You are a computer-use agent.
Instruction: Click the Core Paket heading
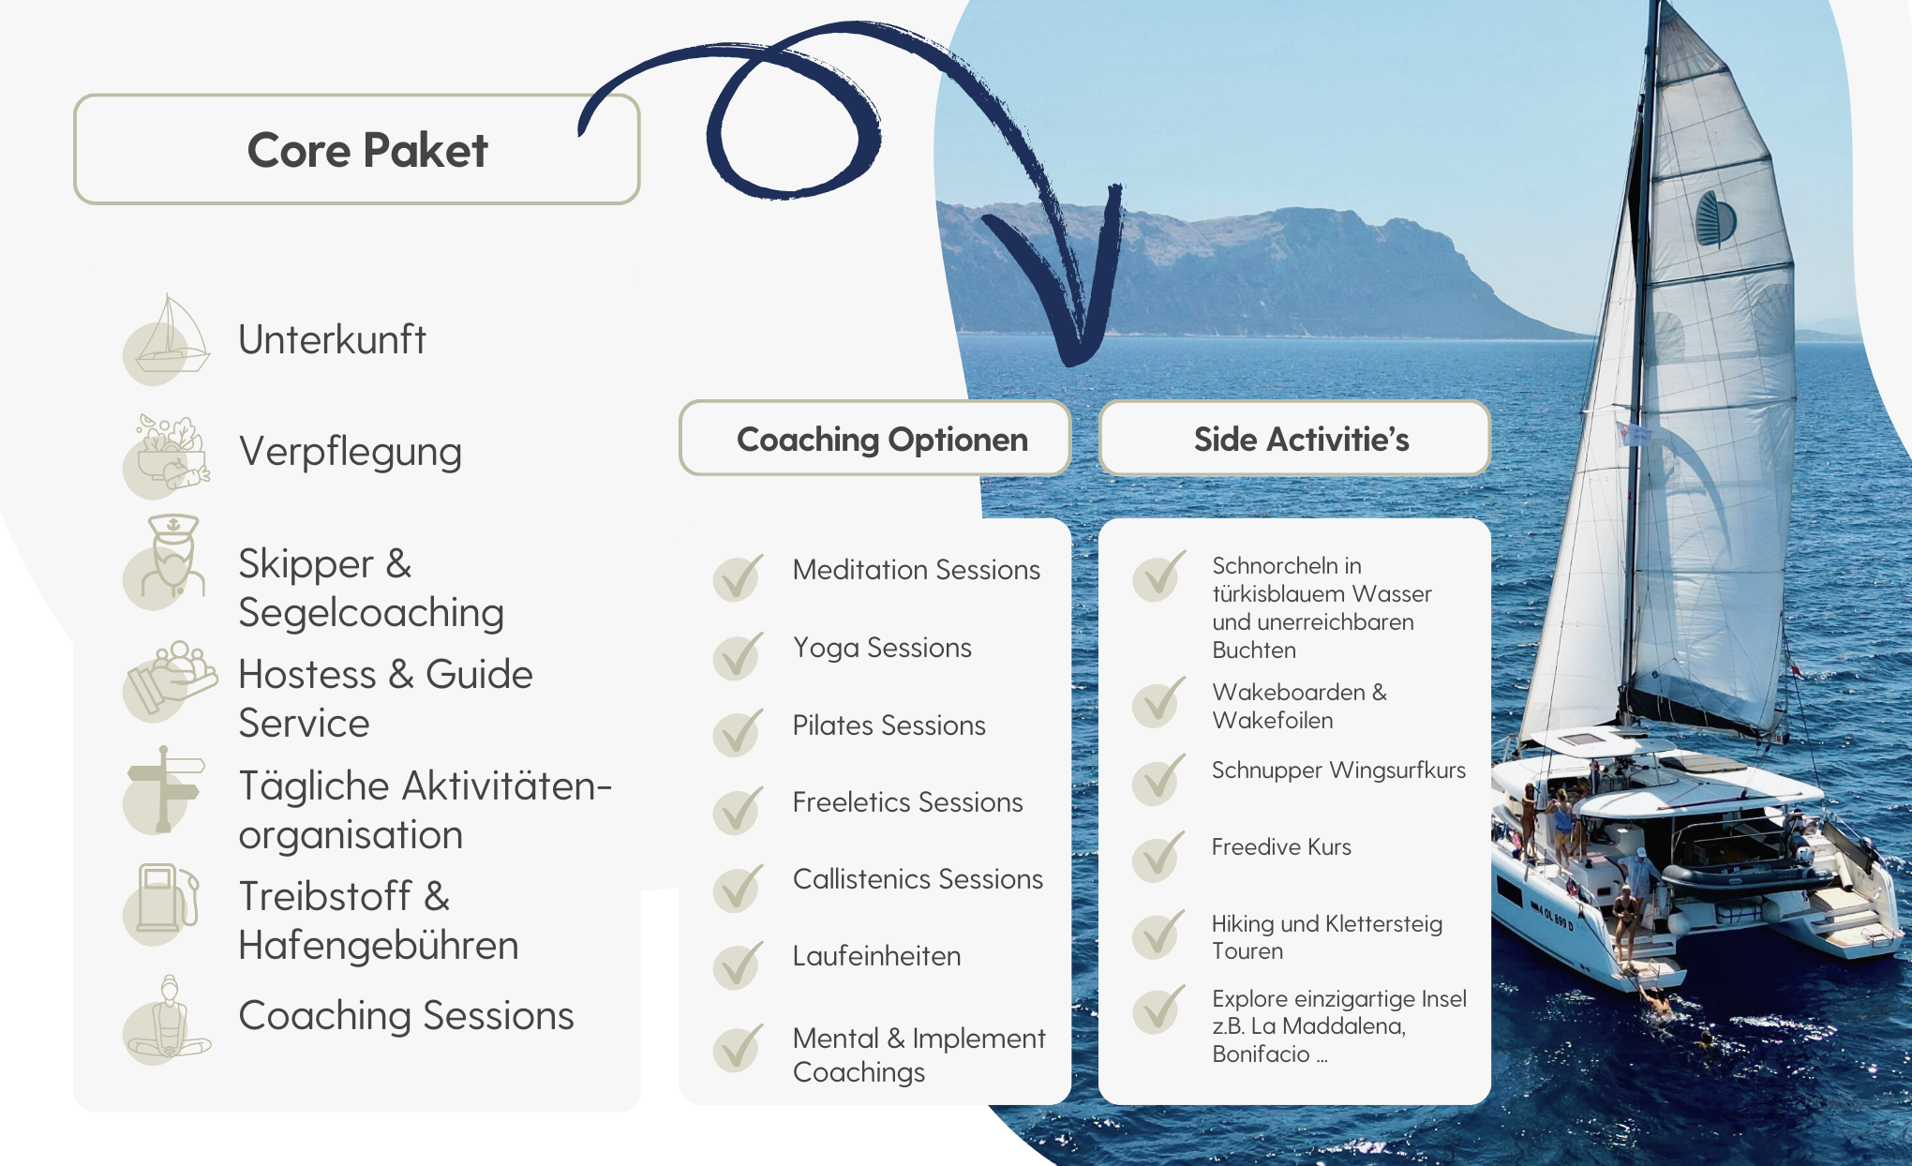click(367, 150)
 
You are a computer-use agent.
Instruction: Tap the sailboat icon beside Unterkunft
click(167, 338)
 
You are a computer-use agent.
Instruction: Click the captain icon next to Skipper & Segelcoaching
click(167, 561)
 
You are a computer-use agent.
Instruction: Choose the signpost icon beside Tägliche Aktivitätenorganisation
click(165, 789)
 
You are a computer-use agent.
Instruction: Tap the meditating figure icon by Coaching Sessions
click(167, 1020)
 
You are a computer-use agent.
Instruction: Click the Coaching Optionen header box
click(875, 439)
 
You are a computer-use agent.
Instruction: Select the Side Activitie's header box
click(1294, 439)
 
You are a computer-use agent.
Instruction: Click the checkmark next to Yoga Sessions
click(738, 655)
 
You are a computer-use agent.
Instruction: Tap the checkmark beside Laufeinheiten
click(738, 964)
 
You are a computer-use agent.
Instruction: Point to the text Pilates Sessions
click(889, 725)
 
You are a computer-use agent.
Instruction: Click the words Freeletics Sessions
click(907, 802)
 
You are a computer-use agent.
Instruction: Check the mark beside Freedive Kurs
click(1158, 856)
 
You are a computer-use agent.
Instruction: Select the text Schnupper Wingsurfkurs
click(1338, 770)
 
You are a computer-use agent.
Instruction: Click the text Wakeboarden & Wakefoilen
click(1299, 706)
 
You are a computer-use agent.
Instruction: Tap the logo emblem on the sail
click(1716, 219)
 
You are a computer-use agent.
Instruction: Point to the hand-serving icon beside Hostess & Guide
click(170, 680)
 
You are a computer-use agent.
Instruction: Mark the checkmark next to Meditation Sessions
click(738, 577)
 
